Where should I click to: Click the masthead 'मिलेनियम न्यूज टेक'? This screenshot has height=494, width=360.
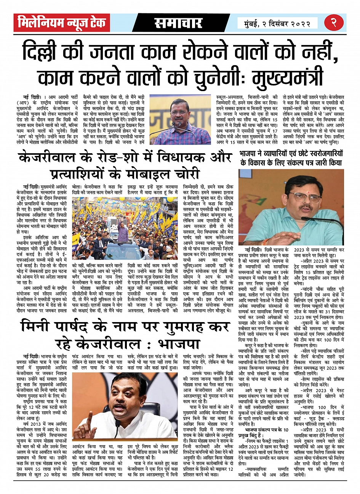[62, 23]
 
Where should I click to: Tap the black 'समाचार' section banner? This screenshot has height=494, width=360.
[178, 23]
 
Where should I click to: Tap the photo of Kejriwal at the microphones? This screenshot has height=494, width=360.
[180, 119]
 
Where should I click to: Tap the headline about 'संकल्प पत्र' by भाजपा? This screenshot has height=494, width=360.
[291, 158]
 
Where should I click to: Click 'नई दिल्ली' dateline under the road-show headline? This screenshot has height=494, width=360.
[30, 187]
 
